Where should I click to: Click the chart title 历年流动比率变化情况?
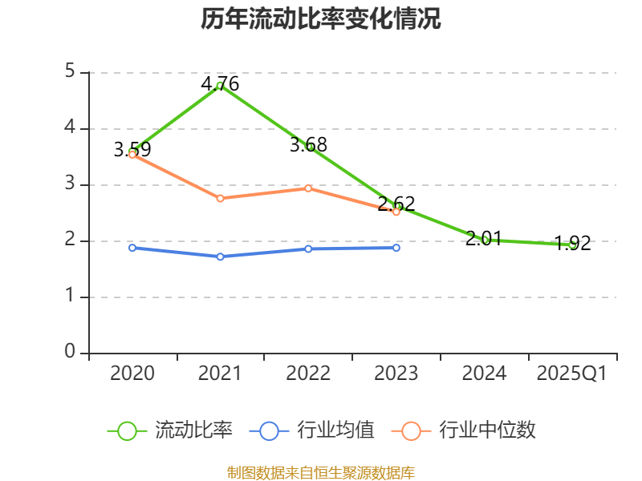321,19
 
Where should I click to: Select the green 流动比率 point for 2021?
220,85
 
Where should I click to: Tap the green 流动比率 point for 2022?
308,146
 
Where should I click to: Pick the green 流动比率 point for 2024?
485,239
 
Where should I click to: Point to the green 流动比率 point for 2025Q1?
573,245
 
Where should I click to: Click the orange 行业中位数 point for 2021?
220,198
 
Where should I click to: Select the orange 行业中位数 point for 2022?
308,188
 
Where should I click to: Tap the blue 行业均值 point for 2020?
132,248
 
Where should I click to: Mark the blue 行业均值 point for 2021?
220,257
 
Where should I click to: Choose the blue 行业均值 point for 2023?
396,248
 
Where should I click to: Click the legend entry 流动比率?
171,430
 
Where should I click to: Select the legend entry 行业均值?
313,430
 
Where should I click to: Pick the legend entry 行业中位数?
464,430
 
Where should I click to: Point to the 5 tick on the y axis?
70,72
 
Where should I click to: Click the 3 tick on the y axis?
70,184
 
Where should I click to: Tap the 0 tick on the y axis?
70,353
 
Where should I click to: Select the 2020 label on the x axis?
132,374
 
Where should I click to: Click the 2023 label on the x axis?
396,374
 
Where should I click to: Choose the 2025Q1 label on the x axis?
572,374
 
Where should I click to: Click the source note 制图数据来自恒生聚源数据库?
321,472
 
